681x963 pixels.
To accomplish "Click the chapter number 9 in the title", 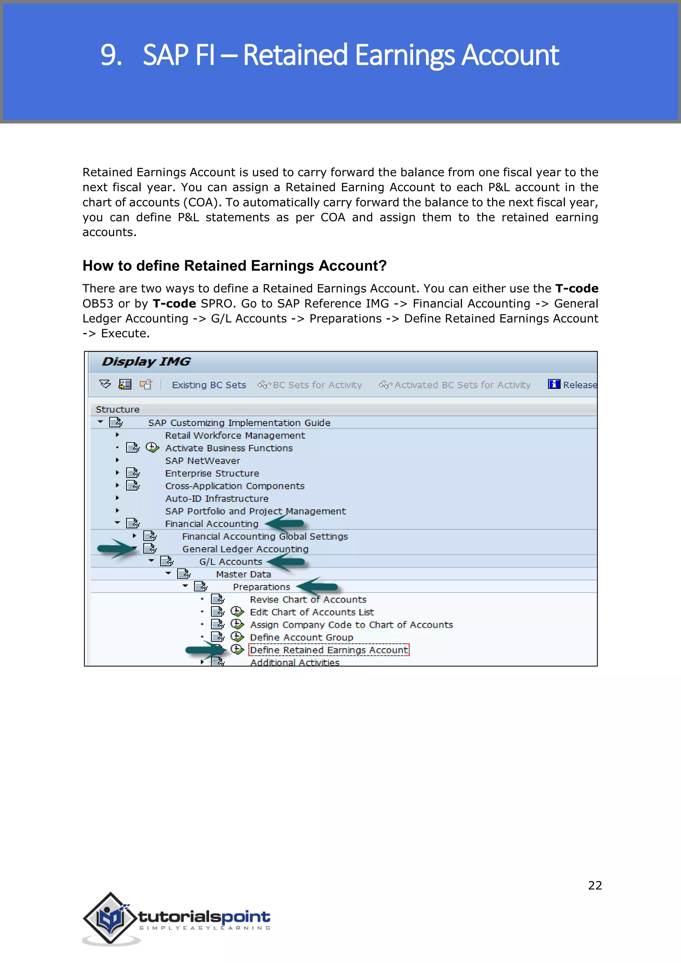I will [110, 55].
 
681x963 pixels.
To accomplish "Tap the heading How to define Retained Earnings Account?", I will [234, 266].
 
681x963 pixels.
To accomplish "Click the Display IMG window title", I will [146, 361].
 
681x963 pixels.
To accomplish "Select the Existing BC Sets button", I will [209, 385].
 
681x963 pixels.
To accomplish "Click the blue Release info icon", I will [554, 384].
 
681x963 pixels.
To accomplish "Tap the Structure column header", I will [117, 409].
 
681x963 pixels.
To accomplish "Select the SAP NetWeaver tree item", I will [202, 461].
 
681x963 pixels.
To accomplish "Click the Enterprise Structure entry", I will [212, 473].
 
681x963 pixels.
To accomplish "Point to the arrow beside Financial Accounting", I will [284, 523].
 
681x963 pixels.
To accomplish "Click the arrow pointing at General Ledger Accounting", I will [116, 548].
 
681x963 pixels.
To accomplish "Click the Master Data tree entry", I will [243, 574].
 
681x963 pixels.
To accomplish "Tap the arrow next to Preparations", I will [317, 586].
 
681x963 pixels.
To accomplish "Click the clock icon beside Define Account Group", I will [237, 637].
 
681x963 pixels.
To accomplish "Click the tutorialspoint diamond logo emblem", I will [111, 918].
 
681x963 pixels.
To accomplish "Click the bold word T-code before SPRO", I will [174, 304].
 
